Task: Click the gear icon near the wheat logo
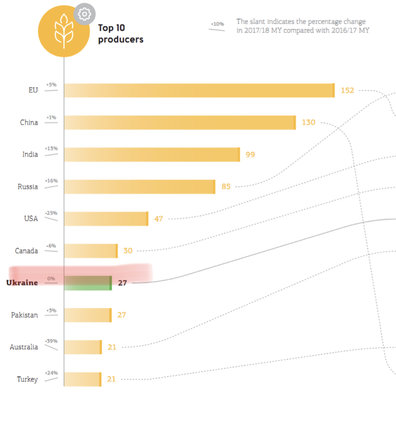tap(83, 14)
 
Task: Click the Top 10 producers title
tap(120, 33)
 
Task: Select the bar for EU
tap(199, 90)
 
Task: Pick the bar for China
tap(180, 123)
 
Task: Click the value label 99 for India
tap(250, 154)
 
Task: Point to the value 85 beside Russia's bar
tap(226, 186)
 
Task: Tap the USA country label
tap(31, 219)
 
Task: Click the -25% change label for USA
tap(51, 213)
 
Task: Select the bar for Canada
tap(91, 251)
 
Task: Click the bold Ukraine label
tap(22, 283)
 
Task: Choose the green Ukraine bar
tap(88, 283)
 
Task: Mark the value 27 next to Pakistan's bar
tap(121, 315)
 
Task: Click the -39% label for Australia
tap(51, 341)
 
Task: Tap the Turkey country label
tap(27, 379)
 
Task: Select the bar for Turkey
tap(82, 379)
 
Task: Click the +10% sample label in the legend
tap(216, 24)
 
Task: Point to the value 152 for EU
tap(347, 90)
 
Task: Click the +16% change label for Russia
tap(51, 181)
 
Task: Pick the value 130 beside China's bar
tap(308, 123)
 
